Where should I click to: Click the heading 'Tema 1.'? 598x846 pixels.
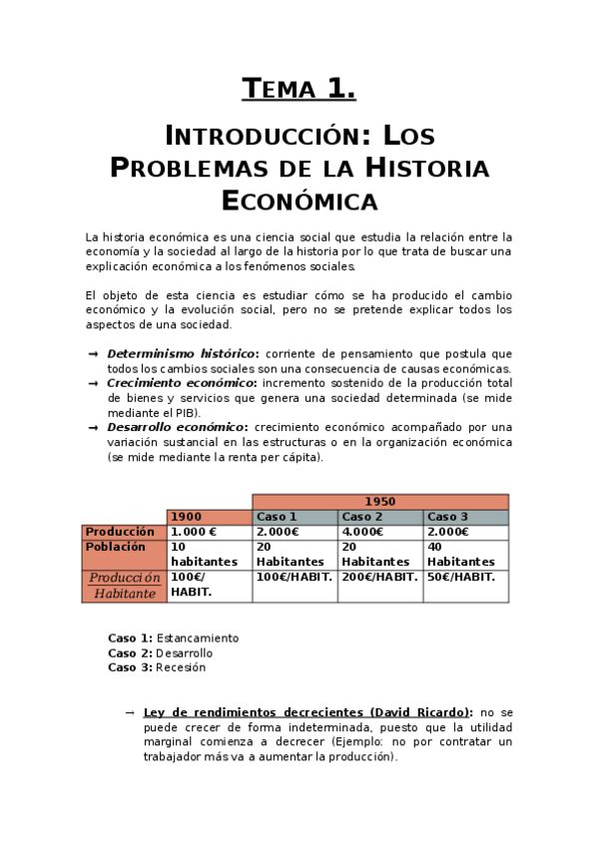[299, 90]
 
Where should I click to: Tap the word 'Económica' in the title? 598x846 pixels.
[299, 202]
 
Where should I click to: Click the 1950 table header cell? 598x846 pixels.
[379, 502]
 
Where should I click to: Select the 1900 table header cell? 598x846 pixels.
[187, 517]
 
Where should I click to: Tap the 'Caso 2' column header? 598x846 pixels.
[362, 517]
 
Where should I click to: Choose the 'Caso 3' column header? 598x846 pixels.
[447, 517]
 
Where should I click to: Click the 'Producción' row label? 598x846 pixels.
[120, 532]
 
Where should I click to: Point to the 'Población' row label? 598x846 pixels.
[116, 547]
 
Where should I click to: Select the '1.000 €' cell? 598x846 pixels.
[194, 532]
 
